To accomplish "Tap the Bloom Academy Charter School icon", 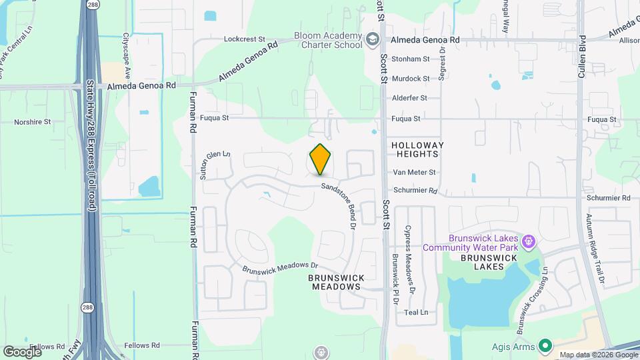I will pos(373,40).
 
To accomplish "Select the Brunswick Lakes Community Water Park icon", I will pos(529,240).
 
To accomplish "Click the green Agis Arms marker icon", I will pos(546,345).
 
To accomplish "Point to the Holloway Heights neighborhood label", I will pos(417,149).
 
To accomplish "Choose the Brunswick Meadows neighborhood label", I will pos(335,282).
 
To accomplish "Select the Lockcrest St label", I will pos(245,39).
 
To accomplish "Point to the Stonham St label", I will pos(411,59).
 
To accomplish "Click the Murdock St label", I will pos(411,79).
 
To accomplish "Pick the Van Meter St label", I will pos(414,172).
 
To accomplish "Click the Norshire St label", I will pos(33,122).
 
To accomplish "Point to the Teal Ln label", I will pos(416,312).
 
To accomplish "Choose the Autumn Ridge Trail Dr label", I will pos(595,248).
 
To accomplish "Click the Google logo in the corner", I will pos(22,351).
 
